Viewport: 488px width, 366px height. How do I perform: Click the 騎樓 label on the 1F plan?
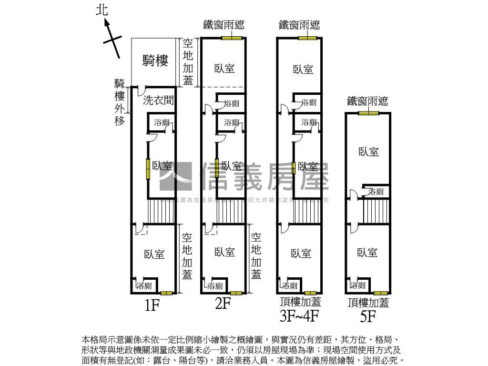[x=155, y=61]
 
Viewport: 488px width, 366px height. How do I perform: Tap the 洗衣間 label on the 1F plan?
[x=158, y=100]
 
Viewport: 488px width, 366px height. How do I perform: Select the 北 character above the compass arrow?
[x=102, y=10]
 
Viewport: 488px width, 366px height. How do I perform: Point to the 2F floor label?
[x=223, y=304]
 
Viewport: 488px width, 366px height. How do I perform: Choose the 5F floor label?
[x=368, y=315]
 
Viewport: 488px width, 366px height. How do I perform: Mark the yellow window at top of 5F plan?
[x=368, y=113]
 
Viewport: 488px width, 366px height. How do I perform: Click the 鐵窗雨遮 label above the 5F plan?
[x=367, y=101]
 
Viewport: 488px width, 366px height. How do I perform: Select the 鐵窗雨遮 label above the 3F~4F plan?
[x=299, y=25]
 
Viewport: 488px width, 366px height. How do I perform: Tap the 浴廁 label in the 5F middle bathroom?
[x=376, y=192]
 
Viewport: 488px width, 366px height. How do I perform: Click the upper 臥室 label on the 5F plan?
[x=369, y=152]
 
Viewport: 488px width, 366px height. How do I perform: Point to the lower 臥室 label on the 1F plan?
[x=154, y=254]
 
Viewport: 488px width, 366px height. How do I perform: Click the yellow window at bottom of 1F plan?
[x=166, y=293]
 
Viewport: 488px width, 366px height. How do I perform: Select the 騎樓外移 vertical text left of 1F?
[x=120, y=102]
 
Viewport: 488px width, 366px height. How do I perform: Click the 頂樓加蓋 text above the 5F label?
[x=368, y=303]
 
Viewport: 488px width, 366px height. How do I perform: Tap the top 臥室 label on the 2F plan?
[x=224, y=68]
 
